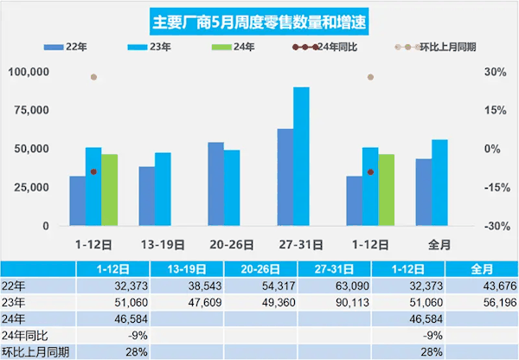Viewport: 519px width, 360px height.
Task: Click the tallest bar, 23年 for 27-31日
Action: coord(301,156)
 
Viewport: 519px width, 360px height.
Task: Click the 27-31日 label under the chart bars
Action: coord(293,243)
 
